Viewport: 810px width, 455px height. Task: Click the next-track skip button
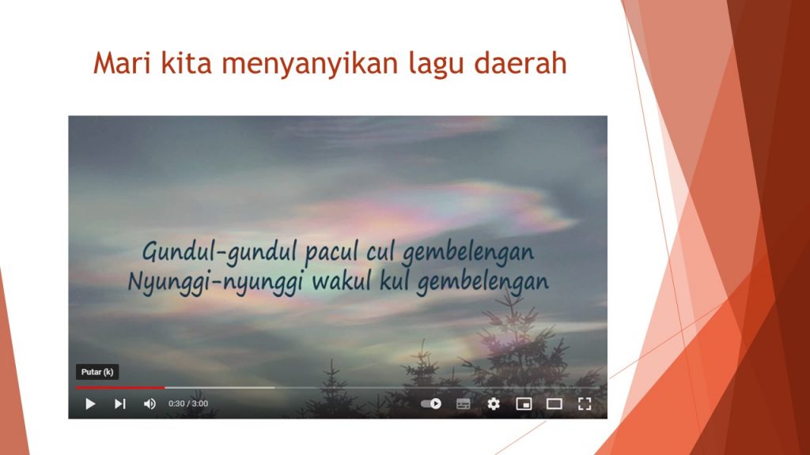(120, 404)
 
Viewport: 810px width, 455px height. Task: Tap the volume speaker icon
(150, 404)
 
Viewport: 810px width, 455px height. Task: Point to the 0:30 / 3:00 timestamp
(188, 404)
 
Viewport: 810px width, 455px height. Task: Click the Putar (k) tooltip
(97, 372)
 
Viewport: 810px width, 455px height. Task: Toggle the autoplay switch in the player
(431, 404)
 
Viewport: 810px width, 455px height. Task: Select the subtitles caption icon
(464, 404)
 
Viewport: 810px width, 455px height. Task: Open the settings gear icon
(494, 404)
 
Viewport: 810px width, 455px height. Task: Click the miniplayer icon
(524, 404)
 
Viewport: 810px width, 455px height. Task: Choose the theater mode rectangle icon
(555, 404)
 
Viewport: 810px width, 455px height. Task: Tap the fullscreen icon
(585, 404)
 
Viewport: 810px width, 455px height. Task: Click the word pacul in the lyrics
(331, 252)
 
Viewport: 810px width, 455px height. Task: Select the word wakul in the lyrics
(342, 282)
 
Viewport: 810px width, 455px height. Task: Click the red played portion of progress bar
(120, 387)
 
